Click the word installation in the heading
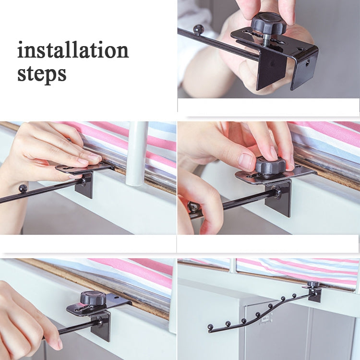tap(73, 50)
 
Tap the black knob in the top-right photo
tap(269, 24)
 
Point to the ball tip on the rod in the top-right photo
tap(199, 29)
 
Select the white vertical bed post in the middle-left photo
tap(136, 154)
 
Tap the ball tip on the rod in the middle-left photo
tap(23, 189)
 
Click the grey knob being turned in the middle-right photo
tap(270, 166)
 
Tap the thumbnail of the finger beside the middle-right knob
tap(245, 159)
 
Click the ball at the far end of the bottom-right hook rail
tap(210, 326)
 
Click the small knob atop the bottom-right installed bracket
tap(313, 284)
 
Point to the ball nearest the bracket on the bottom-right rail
tap(294, 295)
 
